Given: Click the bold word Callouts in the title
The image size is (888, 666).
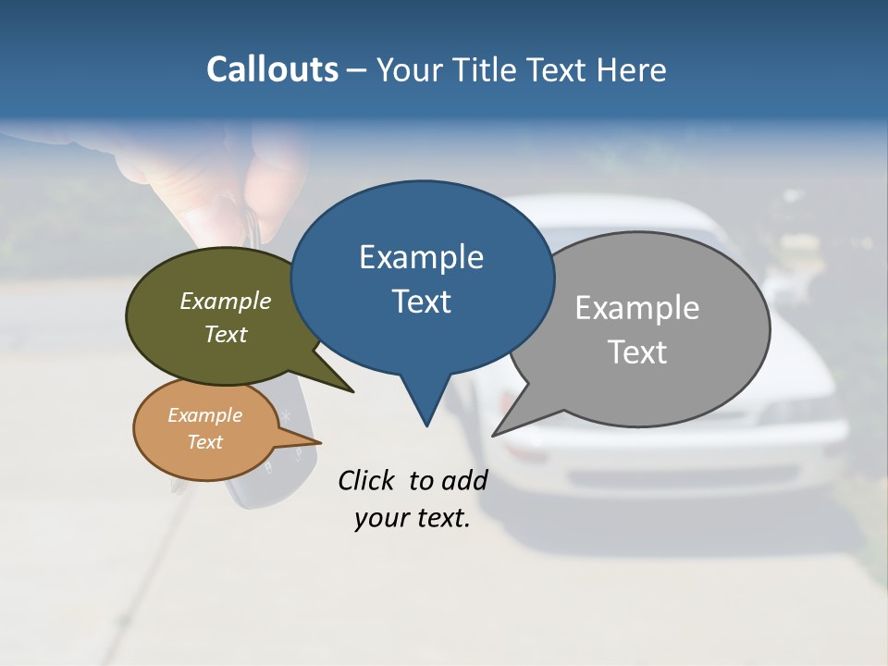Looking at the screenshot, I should [x=273, y=69].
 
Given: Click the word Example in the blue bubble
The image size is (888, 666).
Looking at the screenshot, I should [x=421, y=257].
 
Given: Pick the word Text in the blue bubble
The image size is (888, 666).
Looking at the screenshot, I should [x=421, y=302].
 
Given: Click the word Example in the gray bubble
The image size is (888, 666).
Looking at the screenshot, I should [x=637, y=308].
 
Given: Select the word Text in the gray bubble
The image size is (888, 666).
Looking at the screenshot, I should [x=637, y=352].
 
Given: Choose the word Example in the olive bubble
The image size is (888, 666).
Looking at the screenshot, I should [x=226, y=302].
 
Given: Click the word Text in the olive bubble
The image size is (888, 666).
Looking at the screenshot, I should [x=226, y=335].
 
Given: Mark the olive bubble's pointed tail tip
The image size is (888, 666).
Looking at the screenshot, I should [x=352, y=391].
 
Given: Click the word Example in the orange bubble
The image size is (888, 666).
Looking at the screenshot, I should [x=205, y=415].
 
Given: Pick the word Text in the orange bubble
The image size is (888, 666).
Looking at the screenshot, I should [x=205, y=442].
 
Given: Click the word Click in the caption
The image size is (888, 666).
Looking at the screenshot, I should [x=366, y=480].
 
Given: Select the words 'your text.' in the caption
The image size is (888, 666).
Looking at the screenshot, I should [x=412, y=518].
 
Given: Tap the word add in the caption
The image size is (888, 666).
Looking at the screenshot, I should [x=464, y=480].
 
